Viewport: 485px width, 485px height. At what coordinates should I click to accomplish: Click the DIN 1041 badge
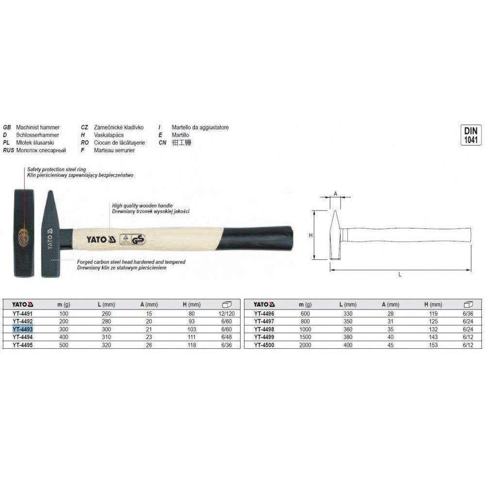click(471, 135)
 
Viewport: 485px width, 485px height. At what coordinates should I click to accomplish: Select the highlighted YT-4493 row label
click(23, 329)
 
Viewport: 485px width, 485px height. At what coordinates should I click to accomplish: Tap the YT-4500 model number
click(264, 345)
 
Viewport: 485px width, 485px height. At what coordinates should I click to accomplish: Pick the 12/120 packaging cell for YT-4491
click(226, 313)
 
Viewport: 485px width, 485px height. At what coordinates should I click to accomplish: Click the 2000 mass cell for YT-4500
click(305, 345)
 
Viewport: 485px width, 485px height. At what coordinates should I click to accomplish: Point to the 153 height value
click(433, 345)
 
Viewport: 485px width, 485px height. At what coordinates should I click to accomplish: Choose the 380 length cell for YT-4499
click(348, 337)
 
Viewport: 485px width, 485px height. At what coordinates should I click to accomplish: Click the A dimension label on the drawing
click(335, 194)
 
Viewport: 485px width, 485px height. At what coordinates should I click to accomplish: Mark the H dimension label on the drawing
click(310, 235)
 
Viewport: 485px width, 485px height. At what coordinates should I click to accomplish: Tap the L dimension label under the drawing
click(400, 275)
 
